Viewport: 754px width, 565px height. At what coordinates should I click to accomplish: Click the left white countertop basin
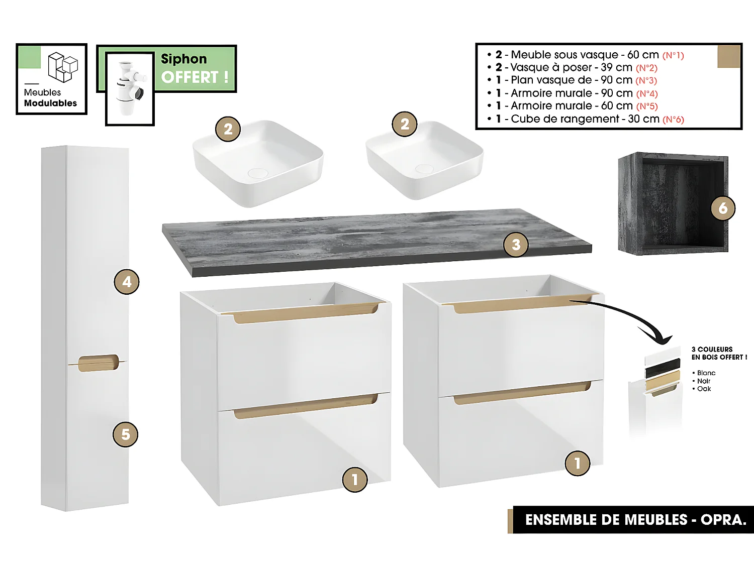[x=258, y=162]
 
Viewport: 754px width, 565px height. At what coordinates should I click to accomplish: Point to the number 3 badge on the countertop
[x=516, y=245]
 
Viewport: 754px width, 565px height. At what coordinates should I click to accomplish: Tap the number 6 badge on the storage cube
[x=723, y=208]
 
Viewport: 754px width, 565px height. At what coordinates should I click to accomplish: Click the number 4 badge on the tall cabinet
[x=127, y=282]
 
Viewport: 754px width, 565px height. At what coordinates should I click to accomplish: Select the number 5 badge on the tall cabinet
[x=125, y=434]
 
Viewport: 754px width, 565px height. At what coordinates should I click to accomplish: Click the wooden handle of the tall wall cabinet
[x=99, y=363]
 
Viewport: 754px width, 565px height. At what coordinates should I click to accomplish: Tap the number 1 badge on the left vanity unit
[x=355, y=480]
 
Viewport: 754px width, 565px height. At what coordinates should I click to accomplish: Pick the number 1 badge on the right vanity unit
[x=577, y=464]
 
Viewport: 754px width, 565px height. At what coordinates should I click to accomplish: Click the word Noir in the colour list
[x=704, y=381]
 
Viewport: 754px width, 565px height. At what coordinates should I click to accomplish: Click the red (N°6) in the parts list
[x=673, y=120]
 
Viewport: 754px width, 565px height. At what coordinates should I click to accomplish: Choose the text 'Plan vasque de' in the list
[x=551, y=80]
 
